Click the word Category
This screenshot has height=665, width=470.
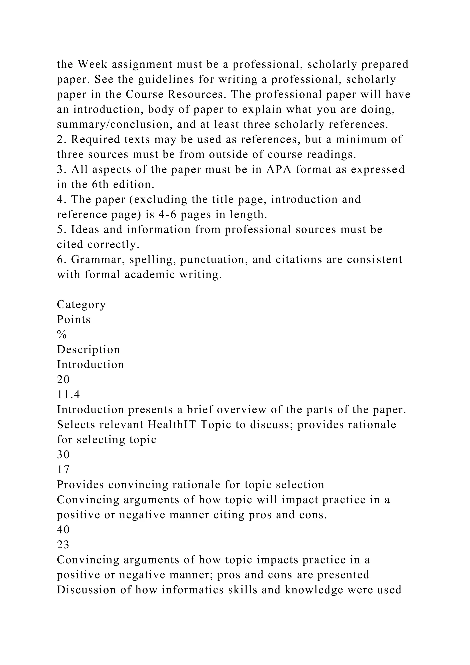pyautogui.click(x=81, y=304)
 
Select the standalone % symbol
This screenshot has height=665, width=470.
pyautogui.click(x=62, y=335)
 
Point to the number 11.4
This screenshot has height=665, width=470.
pyautogui.click(x=69, y=394)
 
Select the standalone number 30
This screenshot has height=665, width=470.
pyautogui.click(x=63, y=455)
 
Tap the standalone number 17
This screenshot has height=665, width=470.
pyautogui.click(x=63, y=470)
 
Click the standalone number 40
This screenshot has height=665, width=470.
pyautogui.click(x=63, y=530)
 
